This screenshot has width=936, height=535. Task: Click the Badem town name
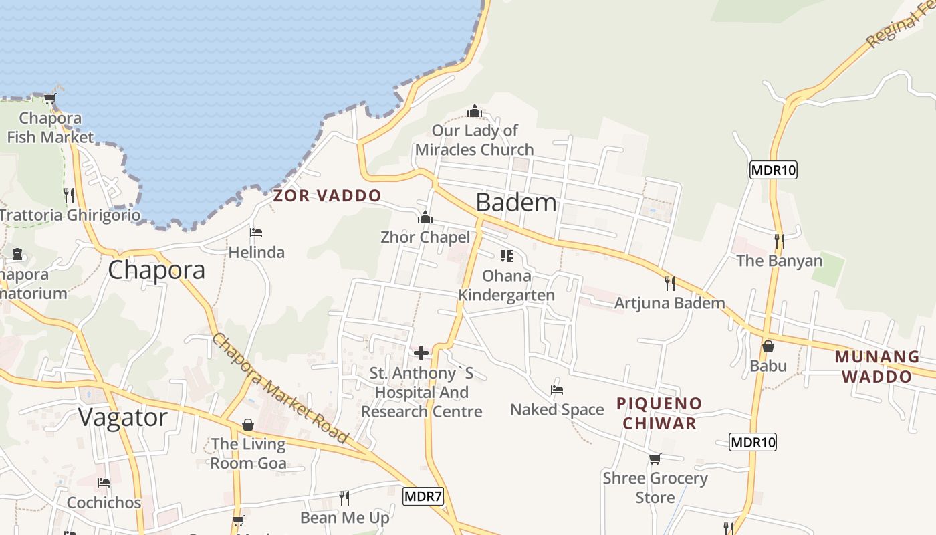coord(515,202)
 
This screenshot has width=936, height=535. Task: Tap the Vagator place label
coord(122,417)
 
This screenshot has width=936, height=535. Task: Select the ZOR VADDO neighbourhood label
coord(327,195)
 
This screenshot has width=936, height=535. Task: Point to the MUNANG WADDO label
coord(876,366)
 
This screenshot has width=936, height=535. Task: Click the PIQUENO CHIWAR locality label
coord(659,413)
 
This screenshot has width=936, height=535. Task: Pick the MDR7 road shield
coord(423,496)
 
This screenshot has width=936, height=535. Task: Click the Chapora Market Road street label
coord(281,388)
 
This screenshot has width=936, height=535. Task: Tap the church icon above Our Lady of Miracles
coord(475,111)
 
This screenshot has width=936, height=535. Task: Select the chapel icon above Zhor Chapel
coord(425,218)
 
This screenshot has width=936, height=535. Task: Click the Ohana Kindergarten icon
coord(506,256)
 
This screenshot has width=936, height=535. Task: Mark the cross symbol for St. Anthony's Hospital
coord(421,353)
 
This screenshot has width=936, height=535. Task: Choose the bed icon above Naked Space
coord(556,390)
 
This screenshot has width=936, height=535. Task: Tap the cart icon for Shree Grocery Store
coord(655,459)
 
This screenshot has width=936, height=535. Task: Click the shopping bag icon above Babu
coord(768,346)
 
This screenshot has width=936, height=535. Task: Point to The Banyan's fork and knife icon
coord(779,241)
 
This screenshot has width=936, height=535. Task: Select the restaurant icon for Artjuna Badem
coord(669,283)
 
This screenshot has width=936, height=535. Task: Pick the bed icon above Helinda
coord(255,233)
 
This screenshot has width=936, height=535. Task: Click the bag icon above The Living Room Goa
coord(248,425)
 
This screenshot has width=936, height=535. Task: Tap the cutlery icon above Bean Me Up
coord(344,498)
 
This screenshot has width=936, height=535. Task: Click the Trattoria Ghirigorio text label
coord(70,215)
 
